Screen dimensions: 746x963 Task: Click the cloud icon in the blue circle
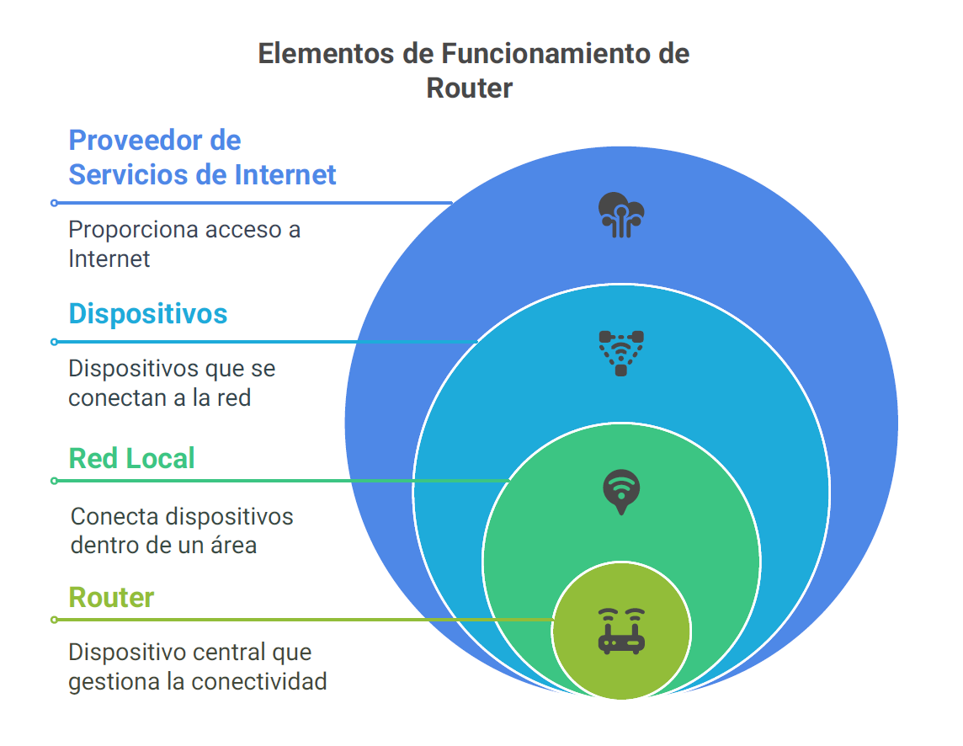(x=621, y=215)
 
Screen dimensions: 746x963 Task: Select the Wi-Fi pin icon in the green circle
(x=621, y=492)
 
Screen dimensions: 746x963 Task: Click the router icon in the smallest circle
(x=621, y=631)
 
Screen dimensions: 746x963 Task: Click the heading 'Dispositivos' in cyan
(x=148, y=314)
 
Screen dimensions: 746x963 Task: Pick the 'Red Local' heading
(x=131, y=458)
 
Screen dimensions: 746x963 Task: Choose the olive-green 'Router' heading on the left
(x=111, y=598)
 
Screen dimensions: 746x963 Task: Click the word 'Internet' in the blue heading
(x=285, y=174)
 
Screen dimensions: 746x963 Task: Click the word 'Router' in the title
(x=469, y=88)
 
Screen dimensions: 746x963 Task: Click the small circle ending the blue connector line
(x=55, y=203)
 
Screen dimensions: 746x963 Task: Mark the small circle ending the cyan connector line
(x=55, y=342)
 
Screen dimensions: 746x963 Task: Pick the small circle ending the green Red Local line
(x=55, y=481)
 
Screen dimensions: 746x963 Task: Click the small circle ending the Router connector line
(x=55, y=620)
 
